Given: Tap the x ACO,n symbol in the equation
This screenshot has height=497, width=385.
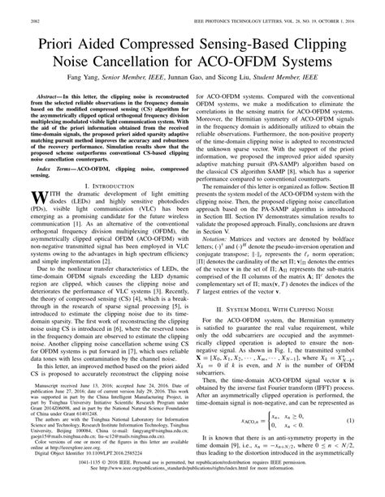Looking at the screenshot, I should tap(239, 421).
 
